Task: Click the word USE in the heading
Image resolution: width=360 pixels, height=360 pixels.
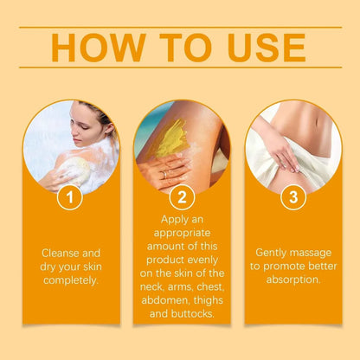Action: point(262,48)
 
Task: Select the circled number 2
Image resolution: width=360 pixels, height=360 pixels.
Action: point(180,198)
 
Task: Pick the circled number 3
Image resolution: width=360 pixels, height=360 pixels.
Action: point(293,198)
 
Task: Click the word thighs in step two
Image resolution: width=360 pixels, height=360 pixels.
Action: point(206,300)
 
